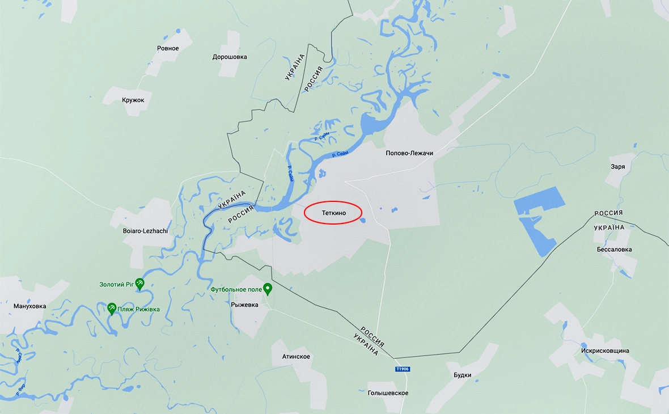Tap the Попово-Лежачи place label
click(409, 153)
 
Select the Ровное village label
click(168, 48)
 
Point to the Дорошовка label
click(230, 57)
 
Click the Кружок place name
click(133, 100)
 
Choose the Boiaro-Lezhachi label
click(146, 231)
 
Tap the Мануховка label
click(30, 306)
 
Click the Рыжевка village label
click(244, 305)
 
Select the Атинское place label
click(296, 356)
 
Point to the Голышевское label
click(388, 393)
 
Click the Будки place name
click(463, 375)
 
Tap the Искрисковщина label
click(605, 350)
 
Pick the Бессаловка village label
click(614, 250)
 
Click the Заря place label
click(618, 167)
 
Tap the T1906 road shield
click(402, 369)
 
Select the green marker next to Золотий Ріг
click(139, 282)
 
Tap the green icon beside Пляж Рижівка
click(112, 308)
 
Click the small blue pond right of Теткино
click(362, 221)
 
